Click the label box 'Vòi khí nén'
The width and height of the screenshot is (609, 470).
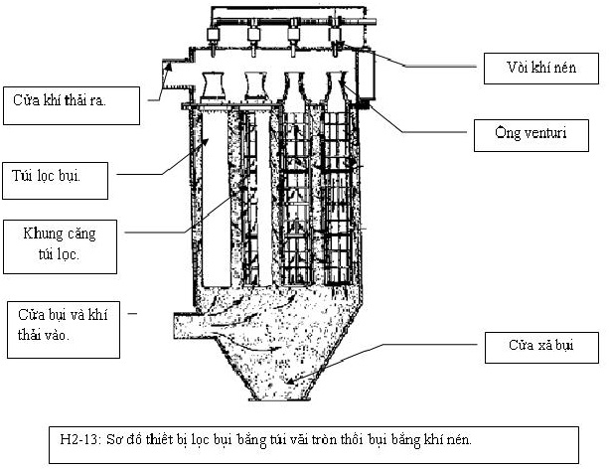pyautogui.click(x=540, y=69)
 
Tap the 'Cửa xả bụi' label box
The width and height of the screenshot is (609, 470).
pyautogui.click(x=542, y=348)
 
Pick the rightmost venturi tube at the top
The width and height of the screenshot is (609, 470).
pyautogui.click(x=335, y=84)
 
